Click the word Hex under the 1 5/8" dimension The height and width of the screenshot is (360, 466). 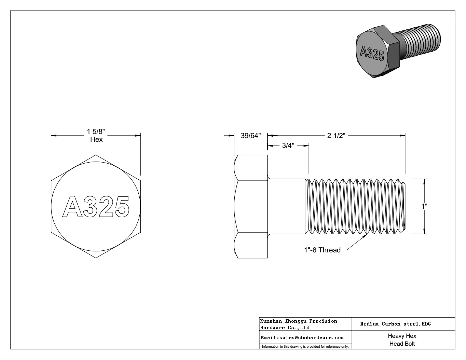[x=96, y=140]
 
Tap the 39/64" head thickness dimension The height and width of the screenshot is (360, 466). [x=250, y=136]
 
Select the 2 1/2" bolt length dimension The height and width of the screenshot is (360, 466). [x=337, y=136]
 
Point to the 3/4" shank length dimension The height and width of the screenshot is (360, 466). [x=288, y=146]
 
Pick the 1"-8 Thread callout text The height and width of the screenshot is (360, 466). [x=322, y=250]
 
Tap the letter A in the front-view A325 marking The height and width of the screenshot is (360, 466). [x=73, y=207]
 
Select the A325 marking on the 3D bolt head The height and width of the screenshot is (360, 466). [x=372, y=54]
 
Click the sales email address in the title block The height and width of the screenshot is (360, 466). [x=302, y=337]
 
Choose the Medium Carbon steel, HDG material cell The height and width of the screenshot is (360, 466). [x=395, y=324]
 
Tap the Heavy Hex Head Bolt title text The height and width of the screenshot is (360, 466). [x=402, y=340]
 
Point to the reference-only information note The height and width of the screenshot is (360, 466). [x=305, y=347]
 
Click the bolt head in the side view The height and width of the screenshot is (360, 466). [x=251, y=206]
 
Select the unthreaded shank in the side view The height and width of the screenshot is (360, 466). [x=286, y=206]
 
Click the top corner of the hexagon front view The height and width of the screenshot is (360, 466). [x=96, y=155]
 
